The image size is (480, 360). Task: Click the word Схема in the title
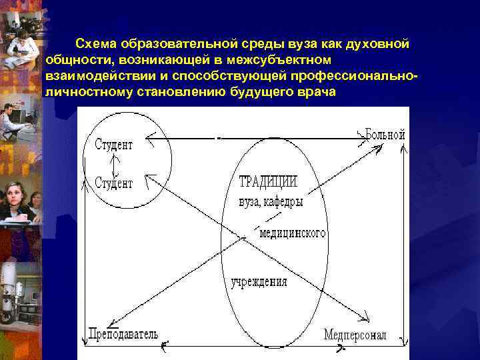coord(95,44)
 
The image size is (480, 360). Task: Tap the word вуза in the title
coord(285,44)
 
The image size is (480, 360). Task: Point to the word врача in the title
coord(316,91)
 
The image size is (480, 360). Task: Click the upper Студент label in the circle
coord(114,144)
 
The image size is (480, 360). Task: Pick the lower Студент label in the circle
coord(114,183)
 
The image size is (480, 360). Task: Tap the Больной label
coord(385,135)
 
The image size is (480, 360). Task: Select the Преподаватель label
coord(123,333)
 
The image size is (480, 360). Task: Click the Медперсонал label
coord(355,335)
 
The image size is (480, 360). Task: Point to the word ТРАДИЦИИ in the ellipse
coord(268,181)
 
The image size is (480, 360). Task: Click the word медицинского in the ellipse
coord(293,233)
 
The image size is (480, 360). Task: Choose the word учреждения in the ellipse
coord(259,281)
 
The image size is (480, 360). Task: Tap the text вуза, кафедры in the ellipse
coord(271,201)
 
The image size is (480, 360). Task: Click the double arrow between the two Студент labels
coord(115,163)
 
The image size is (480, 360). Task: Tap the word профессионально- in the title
coord(365,75)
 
